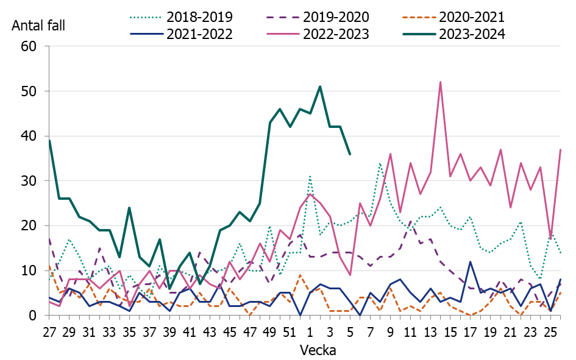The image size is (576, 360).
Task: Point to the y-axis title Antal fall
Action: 38,26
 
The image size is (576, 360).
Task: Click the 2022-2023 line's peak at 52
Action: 440,82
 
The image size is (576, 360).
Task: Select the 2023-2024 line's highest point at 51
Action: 320,86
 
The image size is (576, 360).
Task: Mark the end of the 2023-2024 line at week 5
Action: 350,154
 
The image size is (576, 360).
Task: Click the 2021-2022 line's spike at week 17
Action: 470,262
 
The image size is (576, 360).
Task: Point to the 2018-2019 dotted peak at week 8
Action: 380,163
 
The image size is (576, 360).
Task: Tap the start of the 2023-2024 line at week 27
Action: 49,141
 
